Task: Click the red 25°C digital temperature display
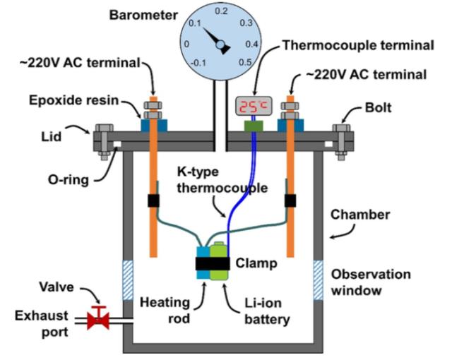(x=253, y=107)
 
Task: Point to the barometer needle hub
(x=221, y=47)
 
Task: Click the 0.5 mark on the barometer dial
(x=246, y=61)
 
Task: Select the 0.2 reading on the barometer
(x=222, y=11)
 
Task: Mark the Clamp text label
(x=256, y=263)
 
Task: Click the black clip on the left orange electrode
(x=153, y=200)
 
